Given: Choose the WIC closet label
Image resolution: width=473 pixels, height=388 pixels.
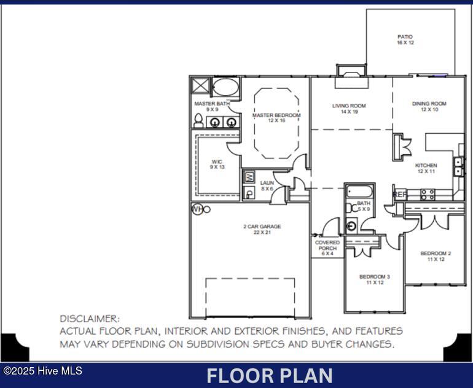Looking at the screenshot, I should tap(217, 164).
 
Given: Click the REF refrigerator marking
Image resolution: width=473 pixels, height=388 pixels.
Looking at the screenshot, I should tap(400, 195).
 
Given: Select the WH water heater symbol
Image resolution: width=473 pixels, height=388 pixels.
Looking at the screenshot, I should tap(197, 209).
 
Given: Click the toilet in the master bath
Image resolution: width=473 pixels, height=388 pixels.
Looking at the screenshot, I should tap(198, 122).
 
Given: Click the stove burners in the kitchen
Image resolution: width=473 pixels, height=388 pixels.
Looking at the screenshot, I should tap(428, 195).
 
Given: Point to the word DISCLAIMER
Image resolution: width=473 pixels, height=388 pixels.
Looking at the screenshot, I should tap(90, 319).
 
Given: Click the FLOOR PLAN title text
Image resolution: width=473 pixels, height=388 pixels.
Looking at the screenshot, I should tap(269, 375).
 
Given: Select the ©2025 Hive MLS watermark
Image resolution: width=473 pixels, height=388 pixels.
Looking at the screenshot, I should tap(42, 371).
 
